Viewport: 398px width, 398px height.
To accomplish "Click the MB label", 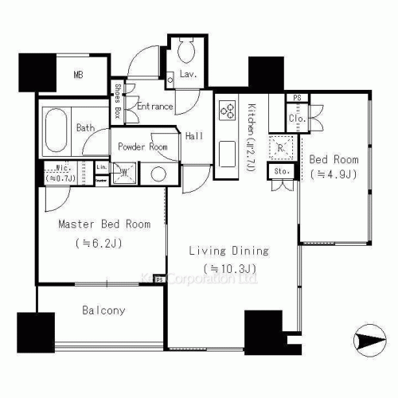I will point(80,76).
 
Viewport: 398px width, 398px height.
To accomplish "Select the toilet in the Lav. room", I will point(186,54).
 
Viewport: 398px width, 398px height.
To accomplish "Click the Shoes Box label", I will point(118,102).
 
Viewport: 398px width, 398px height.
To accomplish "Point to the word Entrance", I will point(155,107).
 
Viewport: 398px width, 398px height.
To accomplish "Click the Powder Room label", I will point(142,147).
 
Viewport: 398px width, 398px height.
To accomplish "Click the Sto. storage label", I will point(282,171).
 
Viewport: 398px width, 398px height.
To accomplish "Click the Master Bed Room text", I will point(93,224).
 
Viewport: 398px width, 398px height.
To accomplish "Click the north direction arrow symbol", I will point(370,341).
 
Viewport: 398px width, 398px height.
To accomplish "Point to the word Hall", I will point(193,136).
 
